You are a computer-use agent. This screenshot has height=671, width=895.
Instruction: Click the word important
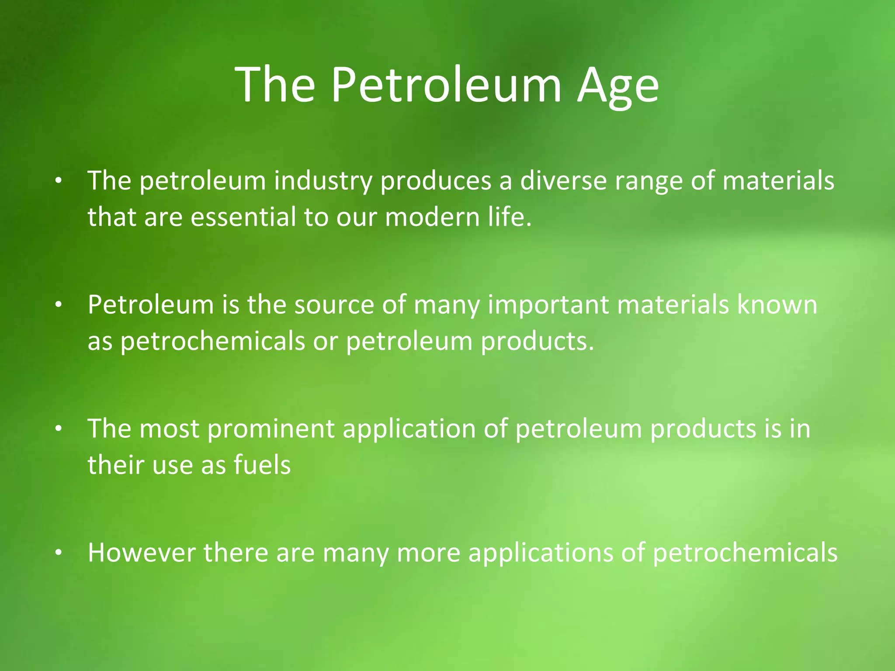click(548, 305)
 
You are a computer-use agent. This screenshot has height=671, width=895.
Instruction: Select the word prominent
click(271, 429)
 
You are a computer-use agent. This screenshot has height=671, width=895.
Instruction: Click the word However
click(142, 552)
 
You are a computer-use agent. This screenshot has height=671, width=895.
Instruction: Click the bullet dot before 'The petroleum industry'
click(58, 181)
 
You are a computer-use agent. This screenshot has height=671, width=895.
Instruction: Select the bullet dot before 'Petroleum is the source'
click(58, 305)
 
